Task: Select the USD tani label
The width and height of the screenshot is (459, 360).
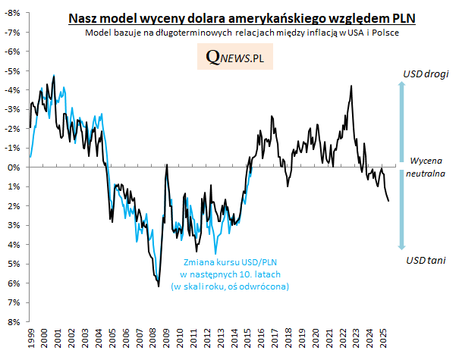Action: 425,260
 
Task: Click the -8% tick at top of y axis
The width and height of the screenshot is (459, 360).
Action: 13,13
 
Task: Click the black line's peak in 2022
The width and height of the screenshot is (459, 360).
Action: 351,86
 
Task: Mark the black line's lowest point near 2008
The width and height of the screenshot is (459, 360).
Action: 159,286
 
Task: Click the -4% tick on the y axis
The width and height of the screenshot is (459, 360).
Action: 13,90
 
